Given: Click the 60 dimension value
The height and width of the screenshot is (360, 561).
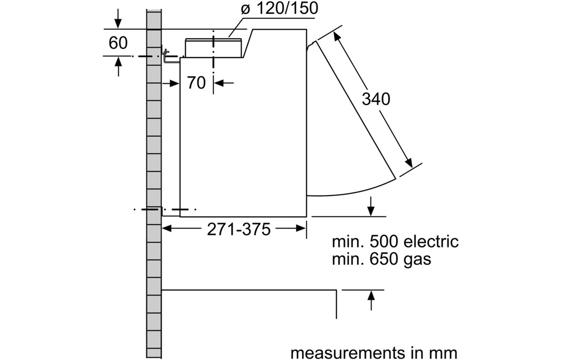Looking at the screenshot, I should point(118,43).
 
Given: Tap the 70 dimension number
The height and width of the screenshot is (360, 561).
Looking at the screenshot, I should point(196,83).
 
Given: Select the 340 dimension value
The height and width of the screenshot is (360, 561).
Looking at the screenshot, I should point(376,99).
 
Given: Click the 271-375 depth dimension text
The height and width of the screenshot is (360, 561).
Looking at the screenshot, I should point(238,229).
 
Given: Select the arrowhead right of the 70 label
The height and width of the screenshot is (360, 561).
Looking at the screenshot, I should point(218,83).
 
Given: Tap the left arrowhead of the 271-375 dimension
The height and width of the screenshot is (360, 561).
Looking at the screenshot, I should point(167,229).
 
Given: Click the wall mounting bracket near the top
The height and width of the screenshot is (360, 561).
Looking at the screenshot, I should point(168,57).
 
